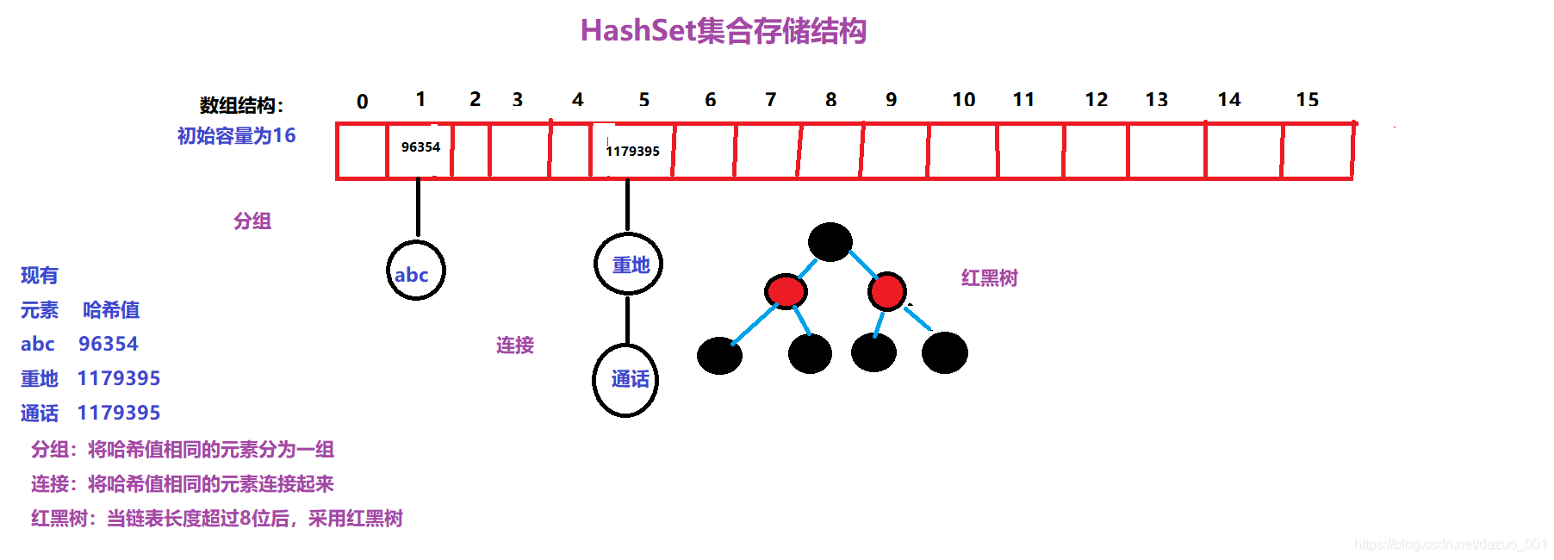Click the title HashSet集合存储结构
723,31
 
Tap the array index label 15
1307,100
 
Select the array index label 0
363,102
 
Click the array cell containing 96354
420,151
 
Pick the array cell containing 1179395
631,152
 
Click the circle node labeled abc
415,271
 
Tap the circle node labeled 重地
629,264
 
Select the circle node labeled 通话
626,380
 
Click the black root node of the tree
830,242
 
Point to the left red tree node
786,291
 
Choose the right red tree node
887,291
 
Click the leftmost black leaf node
719,355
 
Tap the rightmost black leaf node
945,352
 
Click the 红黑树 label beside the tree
989,278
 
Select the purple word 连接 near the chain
515,345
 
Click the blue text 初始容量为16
236,136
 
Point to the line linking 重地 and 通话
627,320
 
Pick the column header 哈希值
111,310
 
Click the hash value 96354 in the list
109,345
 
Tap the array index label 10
963,100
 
